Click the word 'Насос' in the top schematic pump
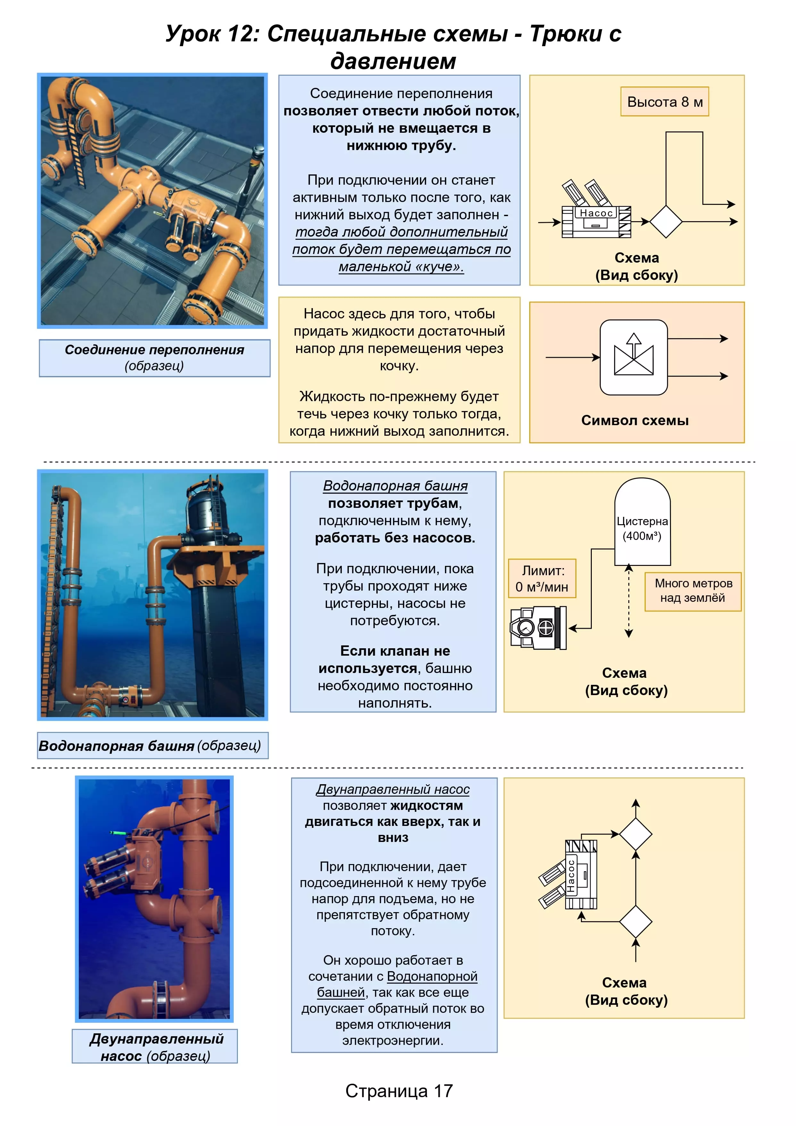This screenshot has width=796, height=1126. pos(596,213)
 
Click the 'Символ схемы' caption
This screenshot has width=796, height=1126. pos(635,420)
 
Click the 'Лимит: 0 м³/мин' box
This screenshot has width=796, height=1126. pos(542,579)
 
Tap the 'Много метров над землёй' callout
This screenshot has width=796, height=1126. pos(692,591)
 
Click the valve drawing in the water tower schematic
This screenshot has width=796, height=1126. pos(538,628)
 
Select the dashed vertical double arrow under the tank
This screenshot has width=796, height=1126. pos(628,601)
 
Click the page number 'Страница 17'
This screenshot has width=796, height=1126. pos(399,1091)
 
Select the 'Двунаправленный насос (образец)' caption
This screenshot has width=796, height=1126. pos(155,1046)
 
